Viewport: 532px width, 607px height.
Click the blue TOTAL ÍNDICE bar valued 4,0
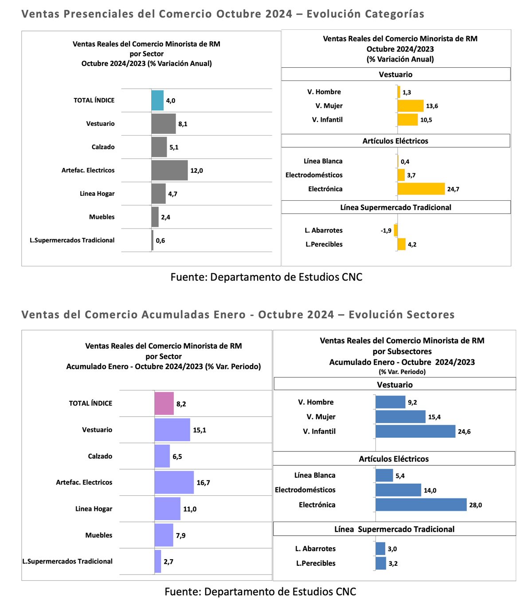(157, 100)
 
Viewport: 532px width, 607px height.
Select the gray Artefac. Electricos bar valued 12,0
(169, 170)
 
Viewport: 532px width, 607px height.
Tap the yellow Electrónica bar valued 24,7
(421, 189)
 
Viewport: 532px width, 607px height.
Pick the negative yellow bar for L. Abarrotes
(396, 230)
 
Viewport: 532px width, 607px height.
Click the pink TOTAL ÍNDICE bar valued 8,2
(164, 404)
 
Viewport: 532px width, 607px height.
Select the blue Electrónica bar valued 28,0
(421, 505)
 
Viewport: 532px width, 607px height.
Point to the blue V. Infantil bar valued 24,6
(415, 432)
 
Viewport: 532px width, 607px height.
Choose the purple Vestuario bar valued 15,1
(172, 430)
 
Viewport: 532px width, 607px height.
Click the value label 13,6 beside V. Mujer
(432, 106)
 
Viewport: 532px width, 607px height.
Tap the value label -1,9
(386, 230)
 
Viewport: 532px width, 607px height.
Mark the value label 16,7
(203, 482)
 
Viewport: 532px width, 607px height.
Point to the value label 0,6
(160, 241)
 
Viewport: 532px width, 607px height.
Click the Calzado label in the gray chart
(103, 147)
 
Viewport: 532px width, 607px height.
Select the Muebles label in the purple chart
(99, 535)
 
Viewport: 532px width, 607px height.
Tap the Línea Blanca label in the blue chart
(315, 475)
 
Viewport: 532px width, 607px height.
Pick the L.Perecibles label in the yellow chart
(324, 244)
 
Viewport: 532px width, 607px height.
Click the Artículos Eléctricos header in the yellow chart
(395, 141)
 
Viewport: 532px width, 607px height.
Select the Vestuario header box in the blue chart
(395, 384)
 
